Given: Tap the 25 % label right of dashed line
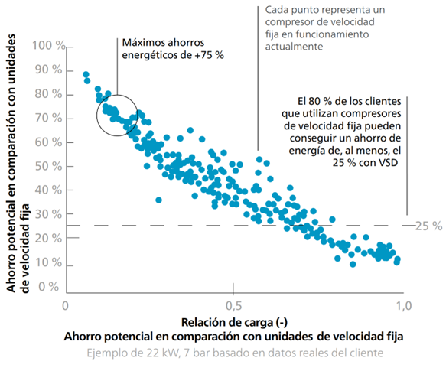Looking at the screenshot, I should (428, 226).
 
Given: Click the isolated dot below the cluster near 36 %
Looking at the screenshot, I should (158, 200).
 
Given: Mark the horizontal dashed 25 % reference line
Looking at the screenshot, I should (230, 225).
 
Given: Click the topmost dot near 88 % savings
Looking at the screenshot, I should (86, 74).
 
